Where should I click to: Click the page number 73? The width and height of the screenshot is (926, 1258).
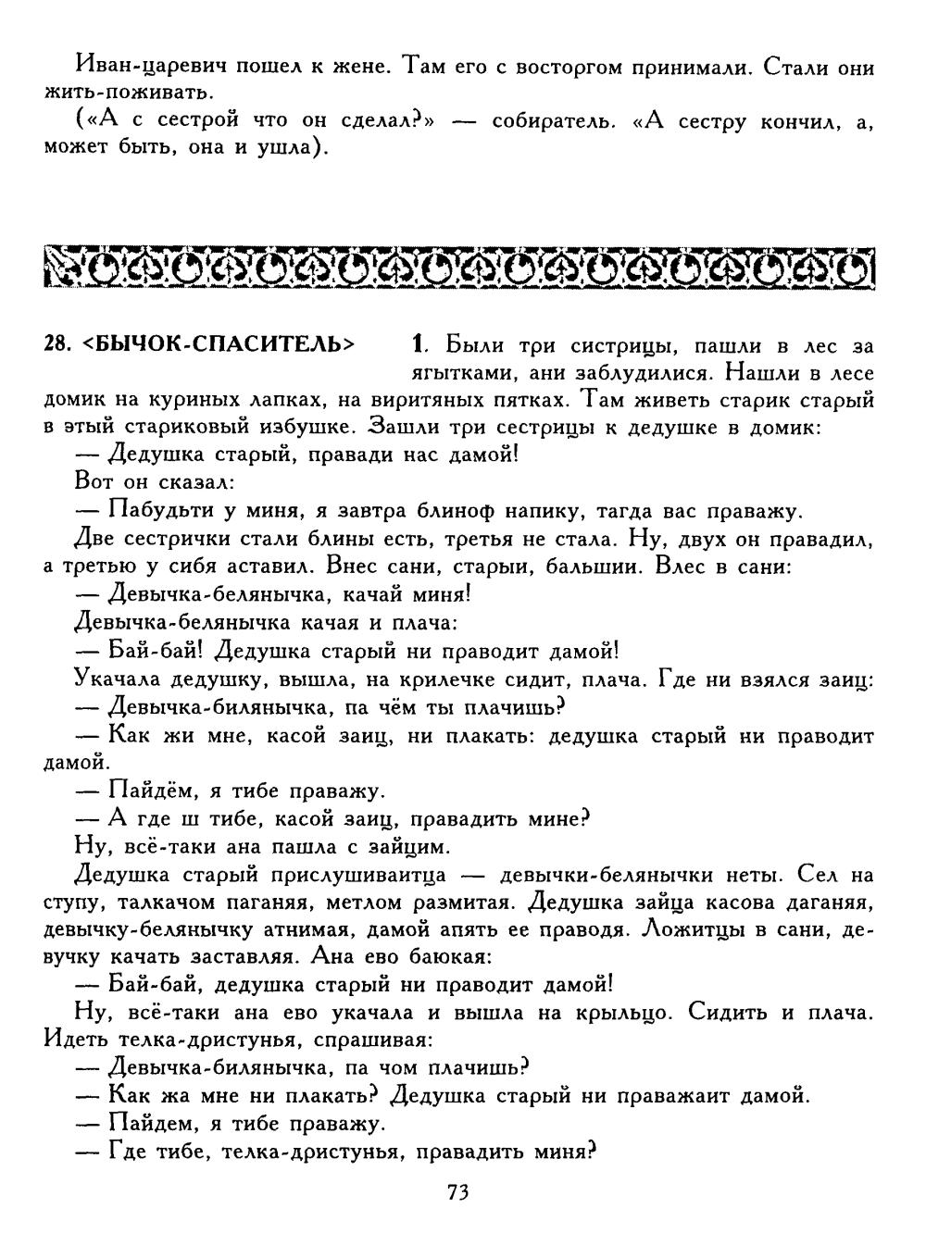pos(458,1192)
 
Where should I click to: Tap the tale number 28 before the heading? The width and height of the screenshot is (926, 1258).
pos(56,343)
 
